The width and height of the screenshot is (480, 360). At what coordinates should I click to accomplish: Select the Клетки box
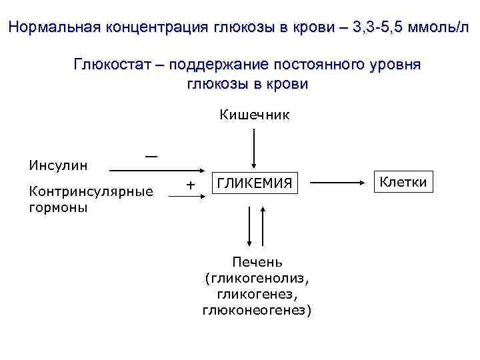tap(403, 181)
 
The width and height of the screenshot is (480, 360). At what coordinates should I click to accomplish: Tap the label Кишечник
tap(254, 115)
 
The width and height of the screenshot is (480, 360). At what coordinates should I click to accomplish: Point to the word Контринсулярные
tap(88, 192)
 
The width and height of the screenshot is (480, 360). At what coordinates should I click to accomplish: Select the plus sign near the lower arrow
tap(191, 183)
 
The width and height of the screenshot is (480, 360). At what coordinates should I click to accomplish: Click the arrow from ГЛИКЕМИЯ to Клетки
tap(337, 181)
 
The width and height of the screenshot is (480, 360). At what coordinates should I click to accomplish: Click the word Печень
tap(257, 261)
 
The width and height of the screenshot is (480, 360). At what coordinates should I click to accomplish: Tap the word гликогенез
tap(257, 293)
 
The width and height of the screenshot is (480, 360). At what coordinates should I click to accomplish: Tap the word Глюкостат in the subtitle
tap(115, 65)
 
